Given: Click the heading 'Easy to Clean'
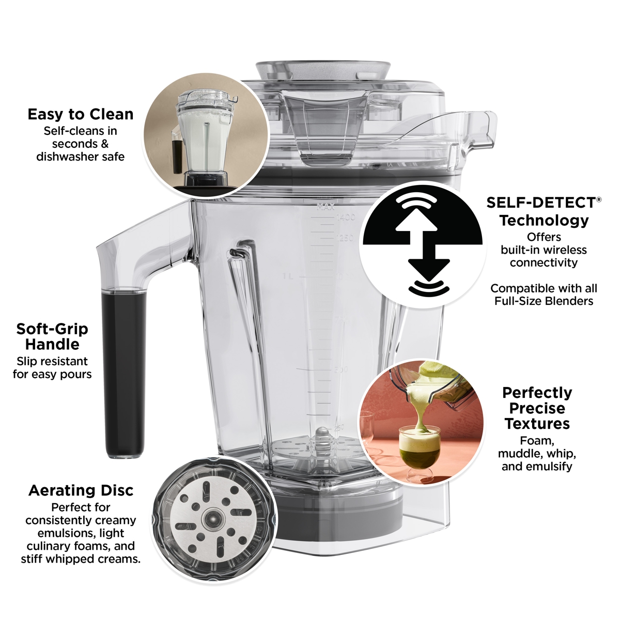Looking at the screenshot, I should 81,114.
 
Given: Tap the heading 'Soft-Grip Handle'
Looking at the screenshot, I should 52,336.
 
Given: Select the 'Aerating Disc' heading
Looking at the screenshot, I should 81,490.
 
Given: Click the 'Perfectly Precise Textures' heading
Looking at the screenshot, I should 537,408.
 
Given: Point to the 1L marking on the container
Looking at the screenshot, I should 288,277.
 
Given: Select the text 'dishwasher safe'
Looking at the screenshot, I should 81,157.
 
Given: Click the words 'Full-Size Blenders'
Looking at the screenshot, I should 544,301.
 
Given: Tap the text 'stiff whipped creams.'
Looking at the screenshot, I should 81,559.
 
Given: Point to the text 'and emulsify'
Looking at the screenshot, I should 537,467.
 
